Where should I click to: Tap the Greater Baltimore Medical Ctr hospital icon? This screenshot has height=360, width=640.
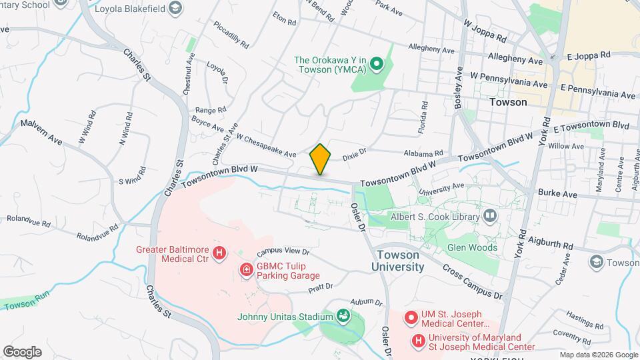tap(219, 253)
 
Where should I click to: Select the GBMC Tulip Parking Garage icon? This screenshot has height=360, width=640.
tap(246, 269)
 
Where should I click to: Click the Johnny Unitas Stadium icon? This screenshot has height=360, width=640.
tap(343, 315)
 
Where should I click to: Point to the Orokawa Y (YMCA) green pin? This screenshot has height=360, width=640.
tap(376, 65)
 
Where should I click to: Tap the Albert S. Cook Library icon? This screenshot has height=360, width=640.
tap(490, 216)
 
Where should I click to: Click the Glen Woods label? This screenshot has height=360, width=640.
tap(472, 247)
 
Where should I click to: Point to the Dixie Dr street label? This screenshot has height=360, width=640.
tap(354, 155)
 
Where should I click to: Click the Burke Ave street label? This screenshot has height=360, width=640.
tap(560, 194)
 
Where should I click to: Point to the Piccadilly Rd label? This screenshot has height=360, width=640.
tap(231, 35)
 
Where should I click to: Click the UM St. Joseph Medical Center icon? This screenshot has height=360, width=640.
tap(410, 315)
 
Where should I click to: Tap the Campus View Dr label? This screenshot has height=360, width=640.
tap(283, 252)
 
